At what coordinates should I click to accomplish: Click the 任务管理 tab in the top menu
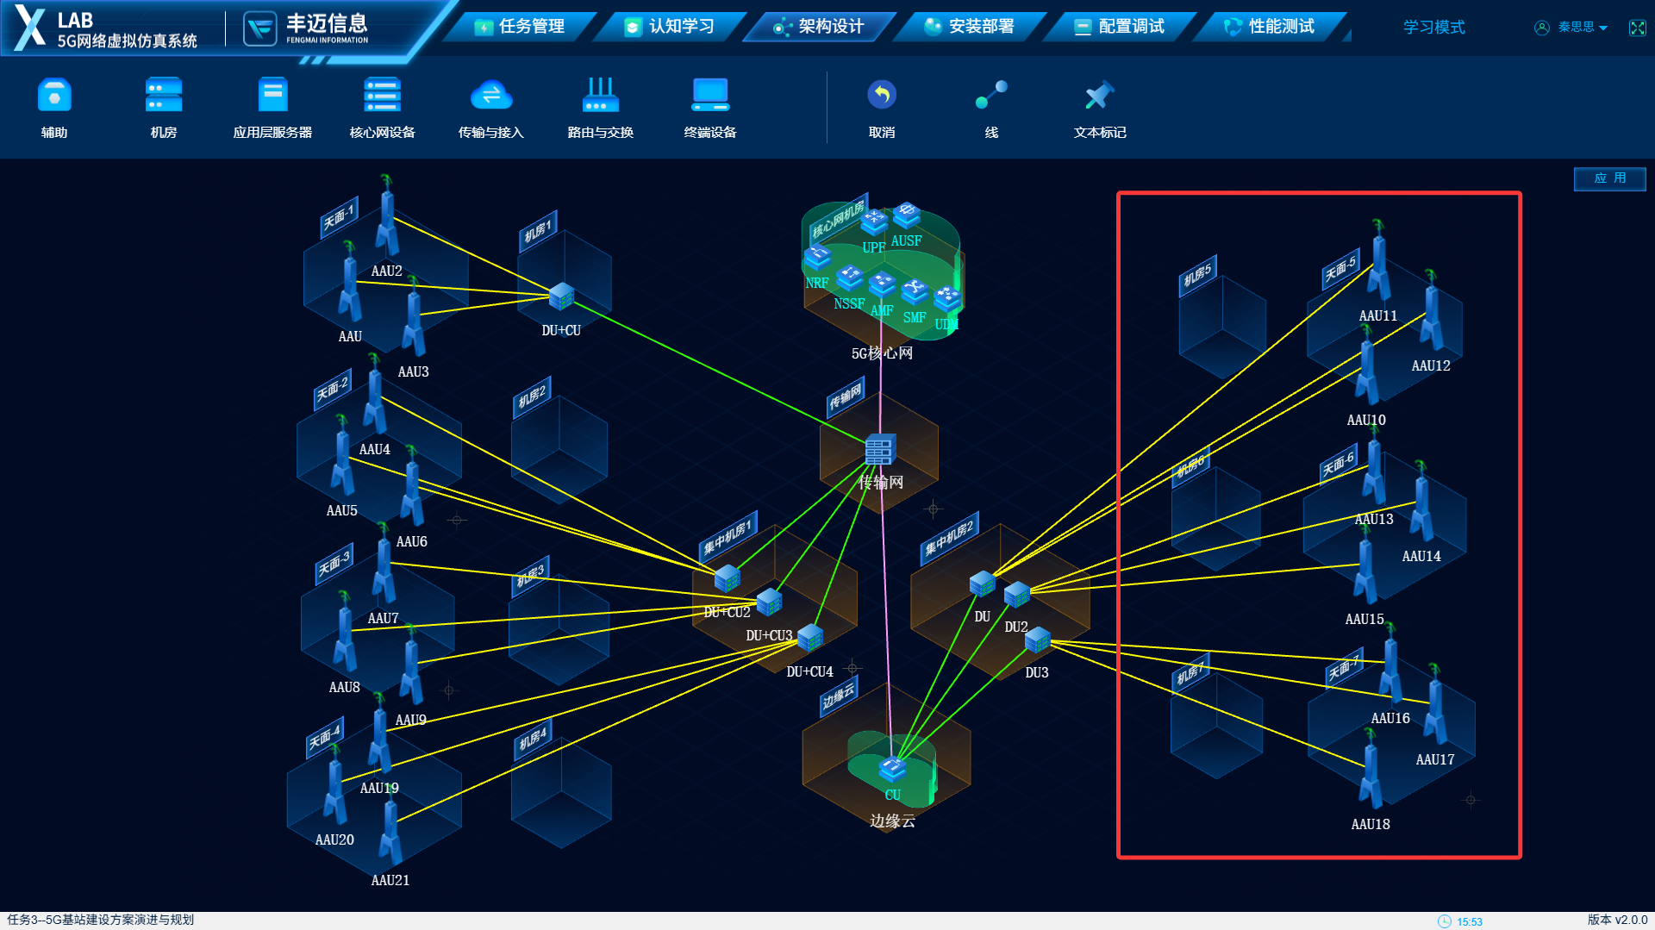coord(521,27)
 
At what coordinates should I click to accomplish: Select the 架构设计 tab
coord(820,27)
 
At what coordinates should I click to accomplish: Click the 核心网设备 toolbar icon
coord(382,96)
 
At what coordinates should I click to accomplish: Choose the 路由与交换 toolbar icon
coord(600,96)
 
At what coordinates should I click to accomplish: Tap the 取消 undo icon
coord(881,96)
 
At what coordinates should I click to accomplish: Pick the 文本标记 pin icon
coord(1099,96)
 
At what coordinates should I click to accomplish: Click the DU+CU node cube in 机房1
coord(561,296)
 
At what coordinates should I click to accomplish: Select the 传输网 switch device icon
coord(879,449)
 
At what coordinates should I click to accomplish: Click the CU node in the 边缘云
coord(892,766)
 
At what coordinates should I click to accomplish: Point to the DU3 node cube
coord(1037,640)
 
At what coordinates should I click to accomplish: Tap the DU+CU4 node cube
coord(809,638)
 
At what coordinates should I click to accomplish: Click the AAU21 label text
coord(390,880)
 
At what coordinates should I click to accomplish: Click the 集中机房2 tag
coord(948,538)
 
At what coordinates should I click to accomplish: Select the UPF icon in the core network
coord(874,222)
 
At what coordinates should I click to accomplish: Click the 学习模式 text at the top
coord(1433,28)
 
